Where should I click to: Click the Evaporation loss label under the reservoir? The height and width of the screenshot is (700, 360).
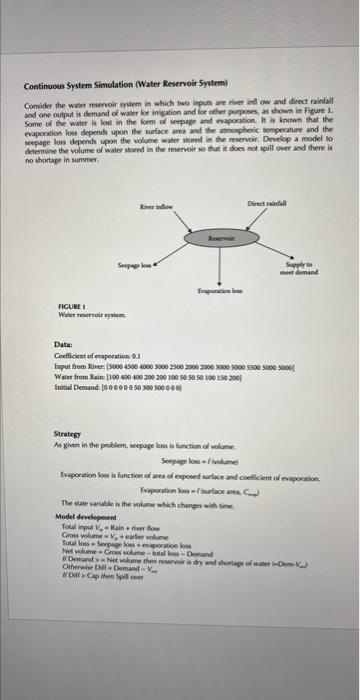pyautogui.click(x=217, y=286)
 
